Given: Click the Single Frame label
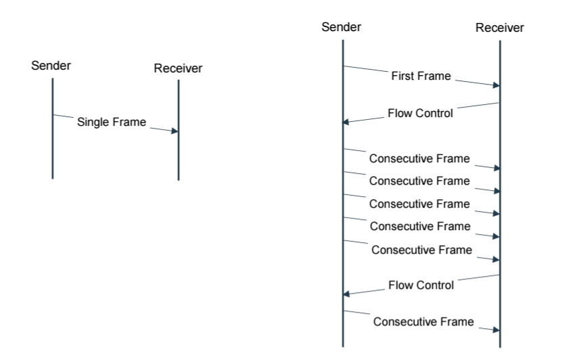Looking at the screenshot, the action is pos(112,122).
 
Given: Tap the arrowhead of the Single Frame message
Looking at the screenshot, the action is pos(175,131).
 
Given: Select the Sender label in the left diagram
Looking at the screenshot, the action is pos(51,66).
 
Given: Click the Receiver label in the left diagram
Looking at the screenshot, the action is pos(178,68).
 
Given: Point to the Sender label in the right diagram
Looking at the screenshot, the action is pos(341,27).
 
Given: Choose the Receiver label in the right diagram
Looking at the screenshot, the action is pos(500,28).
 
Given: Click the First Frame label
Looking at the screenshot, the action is pos(421,76).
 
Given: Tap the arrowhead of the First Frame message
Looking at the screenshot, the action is pos(497,85).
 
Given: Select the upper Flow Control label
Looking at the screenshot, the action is pos(420,113).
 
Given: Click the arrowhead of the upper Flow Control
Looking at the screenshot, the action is pos(346,122).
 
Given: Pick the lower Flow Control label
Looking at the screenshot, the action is pos(421,285).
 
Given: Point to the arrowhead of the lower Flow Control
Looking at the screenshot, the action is pos(346,294).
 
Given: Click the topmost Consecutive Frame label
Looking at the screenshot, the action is pos(420,158).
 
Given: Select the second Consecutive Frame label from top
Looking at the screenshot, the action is pos(420,181).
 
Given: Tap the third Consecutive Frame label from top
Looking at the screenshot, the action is pos(420,204).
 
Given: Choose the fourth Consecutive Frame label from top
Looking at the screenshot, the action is pos(420,226).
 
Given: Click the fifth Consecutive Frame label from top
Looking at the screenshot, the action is pos(422,250).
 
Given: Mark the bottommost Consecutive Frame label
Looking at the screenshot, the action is pos(424,322).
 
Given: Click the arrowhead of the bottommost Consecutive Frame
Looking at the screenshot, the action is pos(497,330).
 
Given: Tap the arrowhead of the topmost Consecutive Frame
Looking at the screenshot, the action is pos(497,168).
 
